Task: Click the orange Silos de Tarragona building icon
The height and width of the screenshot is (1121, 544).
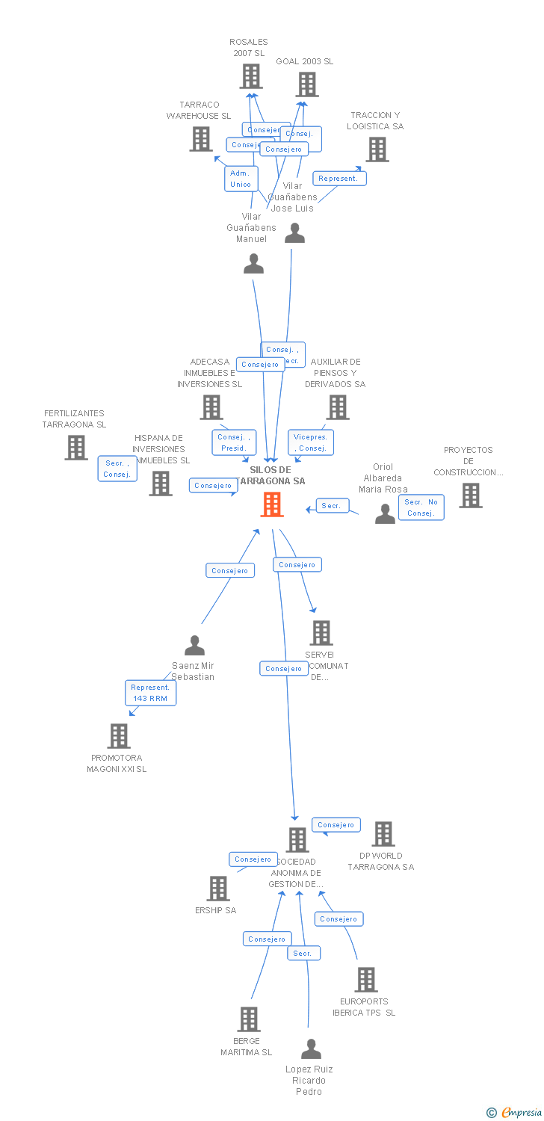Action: pos(272,504)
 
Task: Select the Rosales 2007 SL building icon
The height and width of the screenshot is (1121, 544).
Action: pos(251,76)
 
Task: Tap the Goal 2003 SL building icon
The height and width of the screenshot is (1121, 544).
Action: pos(306,84)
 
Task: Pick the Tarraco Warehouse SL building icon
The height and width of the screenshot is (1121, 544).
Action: pos(201,139)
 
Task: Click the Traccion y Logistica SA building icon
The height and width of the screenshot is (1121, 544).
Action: pos(377,149)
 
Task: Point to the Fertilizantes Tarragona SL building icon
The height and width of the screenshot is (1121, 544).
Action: pos(76,448)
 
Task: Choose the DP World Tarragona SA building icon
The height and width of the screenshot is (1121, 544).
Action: pos(383,834)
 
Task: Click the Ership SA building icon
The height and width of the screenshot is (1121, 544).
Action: pos(218,889)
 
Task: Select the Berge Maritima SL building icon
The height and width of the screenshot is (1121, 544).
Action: pos(249,1019)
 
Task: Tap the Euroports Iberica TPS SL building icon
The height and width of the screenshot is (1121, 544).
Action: pos(366,980)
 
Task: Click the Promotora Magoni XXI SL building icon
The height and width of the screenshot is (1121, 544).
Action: pos(119,736)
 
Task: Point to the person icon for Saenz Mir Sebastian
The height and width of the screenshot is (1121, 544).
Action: pos(194,645)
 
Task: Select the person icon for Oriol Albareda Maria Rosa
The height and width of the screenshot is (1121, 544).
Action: pos(385,513)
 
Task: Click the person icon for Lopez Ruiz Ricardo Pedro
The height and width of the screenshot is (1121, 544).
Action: pos(311,1049)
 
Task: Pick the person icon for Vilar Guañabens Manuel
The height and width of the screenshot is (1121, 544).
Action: pos(254,264)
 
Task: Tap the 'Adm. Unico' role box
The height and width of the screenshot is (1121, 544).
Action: pos(241,179)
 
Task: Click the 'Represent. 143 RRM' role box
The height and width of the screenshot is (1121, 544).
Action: pos(150,693)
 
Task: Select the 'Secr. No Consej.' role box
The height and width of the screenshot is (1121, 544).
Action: pos(421,507)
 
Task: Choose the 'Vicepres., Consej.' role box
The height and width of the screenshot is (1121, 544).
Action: pos(311,442)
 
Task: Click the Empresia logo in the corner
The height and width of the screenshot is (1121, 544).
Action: pos(515,1112)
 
